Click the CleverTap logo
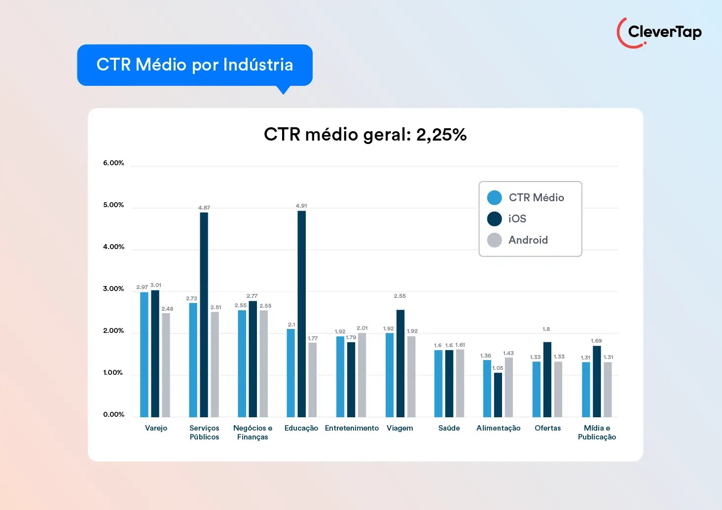(659, 33)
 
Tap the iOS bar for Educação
(301, 314)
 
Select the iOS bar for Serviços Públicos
(204, 315)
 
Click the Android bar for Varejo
(166, 365)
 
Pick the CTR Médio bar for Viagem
(390, 375)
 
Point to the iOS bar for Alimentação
(498, 395)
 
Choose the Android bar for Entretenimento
(362, 375)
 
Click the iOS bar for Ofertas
(547, 379)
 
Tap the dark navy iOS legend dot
(494, 219)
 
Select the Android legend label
(528, 240)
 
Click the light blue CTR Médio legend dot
(494, 198)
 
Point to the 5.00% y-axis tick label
(113, 205)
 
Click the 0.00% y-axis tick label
(113, 414)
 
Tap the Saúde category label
(449, 428)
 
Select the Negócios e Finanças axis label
(253, 433)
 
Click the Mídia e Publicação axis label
(597, 433)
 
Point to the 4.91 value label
(301, 206)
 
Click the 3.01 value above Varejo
(156, 285)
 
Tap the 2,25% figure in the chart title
(441, 135)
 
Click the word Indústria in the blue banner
(258, 65)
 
